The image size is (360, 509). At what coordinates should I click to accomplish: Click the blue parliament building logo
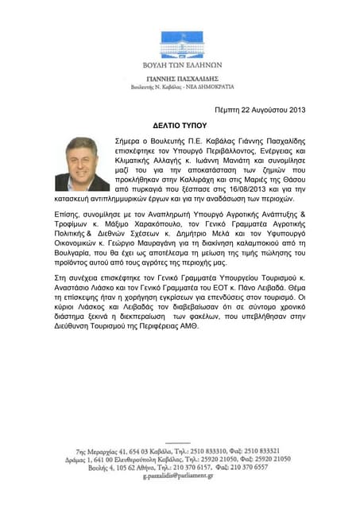tap(180, 45)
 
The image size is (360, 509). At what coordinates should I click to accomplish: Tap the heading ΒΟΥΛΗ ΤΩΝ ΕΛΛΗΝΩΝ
tap(180, 65)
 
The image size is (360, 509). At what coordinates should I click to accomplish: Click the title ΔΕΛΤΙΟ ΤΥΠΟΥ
tap(180, 126)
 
